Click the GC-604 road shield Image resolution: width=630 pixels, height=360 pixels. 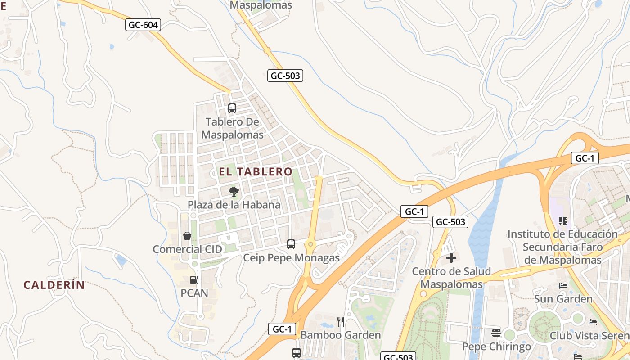143,25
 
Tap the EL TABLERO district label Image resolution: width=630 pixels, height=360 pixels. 256,171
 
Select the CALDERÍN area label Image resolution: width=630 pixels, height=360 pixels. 54,285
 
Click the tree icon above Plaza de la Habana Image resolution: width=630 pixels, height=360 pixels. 234,192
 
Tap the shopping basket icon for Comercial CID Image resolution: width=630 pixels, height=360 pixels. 187,236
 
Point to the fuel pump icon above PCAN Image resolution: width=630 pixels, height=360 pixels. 194,280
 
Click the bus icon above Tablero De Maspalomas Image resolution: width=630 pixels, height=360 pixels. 232,108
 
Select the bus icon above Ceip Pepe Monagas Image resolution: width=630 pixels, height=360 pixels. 291,244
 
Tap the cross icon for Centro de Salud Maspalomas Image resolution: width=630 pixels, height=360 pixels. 451,258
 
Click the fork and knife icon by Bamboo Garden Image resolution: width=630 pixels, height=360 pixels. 341,322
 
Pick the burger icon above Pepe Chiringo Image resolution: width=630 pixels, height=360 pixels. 496,333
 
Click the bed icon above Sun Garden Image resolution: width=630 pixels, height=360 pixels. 563,286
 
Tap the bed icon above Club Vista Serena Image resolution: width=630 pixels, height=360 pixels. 593,322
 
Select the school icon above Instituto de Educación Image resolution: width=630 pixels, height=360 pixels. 562,221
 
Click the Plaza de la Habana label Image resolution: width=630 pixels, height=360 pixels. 234,205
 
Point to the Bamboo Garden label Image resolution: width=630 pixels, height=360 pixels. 341,335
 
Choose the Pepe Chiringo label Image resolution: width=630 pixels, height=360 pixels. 497,346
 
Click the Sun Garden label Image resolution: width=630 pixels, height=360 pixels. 563,299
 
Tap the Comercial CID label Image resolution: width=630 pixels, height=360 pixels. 187,249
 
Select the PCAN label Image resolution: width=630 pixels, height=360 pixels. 194,293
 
